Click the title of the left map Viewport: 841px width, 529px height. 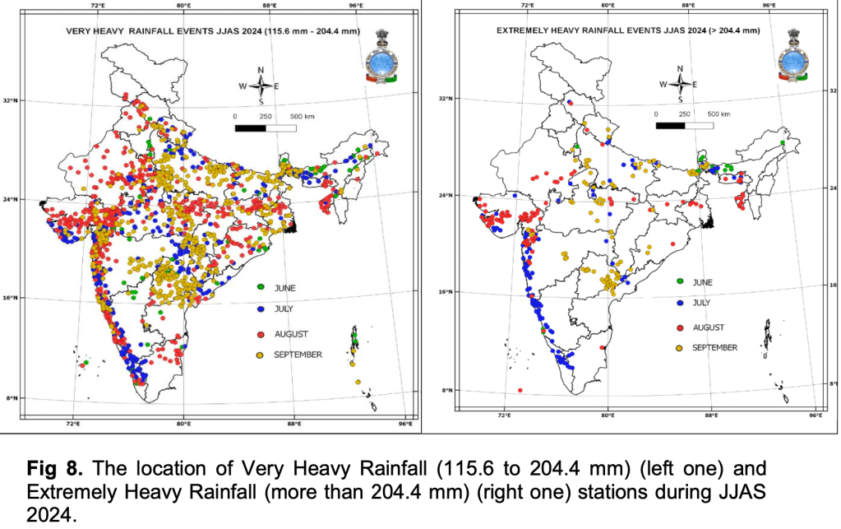213,32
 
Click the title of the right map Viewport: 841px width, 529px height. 628,30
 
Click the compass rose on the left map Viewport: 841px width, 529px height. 261,86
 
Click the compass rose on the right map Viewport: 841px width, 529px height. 680,83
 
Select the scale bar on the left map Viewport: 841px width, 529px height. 266,128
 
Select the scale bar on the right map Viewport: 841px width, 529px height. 686,125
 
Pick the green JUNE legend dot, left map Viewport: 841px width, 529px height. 261,288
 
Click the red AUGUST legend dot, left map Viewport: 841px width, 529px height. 261,334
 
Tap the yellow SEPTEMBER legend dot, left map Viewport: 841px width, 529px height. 261,355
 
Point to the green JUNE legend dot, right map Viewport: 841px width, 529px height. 679,281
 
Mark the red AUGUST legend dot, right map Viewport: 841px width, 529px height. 679,327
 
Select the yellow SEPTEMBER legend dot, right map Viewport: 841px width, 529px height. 679,348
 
